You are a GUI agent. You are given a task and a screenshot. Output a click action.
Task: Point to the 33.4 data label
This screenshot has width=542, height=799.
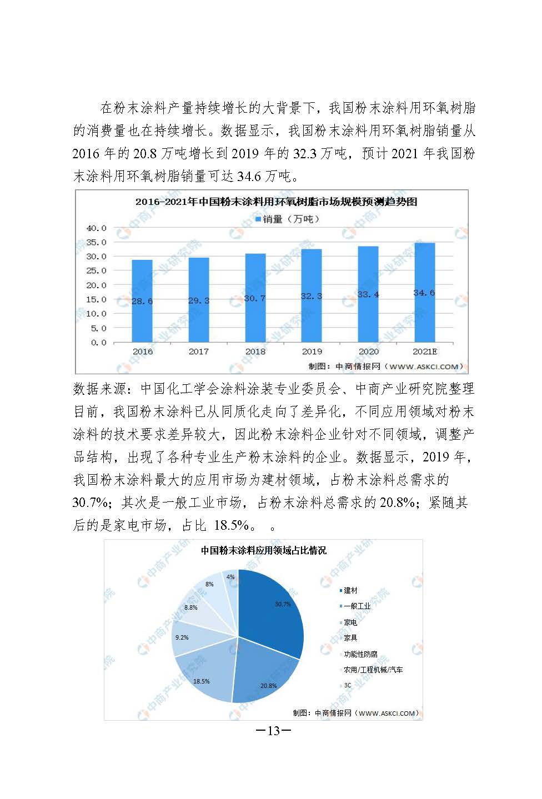(368, 294)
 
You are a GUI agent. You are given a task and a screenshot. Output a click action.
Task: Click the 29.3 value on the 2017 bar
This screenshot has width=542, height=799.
(199, 300)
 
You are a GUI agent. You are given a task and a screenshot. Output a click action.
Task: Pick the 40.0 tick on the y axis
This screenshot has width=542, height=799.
(96, 228)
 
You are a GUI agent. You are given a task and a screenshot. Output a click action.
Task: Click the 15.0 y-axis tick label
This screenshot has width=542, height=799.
(96, 299)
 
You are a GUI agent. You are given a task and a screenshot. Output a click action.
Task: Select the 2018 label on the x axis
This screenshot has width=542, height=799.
(255, 351)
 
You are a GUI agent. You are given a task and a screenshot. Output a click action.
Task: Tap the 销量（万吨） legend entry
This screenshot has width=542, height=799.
(287, 219)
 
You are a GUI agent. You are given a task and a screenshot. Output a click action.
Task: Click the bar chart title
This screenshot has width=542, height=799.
(276, 202)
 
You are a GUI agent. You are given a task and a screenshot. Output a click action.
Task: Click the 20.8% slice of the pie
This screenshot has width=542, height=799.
(261, 675)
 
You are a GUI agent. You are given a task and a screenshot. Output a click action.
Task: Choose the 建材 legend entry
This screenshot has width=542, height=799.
(350, 590)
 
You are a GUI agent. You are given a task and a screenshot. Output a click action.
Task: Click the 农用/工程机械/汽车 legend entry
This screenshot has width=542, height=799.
(373, 670)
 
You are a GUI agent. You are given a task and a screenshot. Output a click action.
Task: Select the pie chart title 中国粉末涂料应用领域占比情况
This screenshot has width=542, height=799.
(263, 550)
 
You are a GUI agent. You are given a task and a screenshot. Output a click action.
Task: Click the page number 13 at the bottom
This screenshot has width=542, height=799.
(273, 731)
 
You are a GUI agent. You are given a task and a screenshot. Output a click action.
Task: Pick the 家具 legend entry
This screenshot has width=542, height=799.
(350, 638)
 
